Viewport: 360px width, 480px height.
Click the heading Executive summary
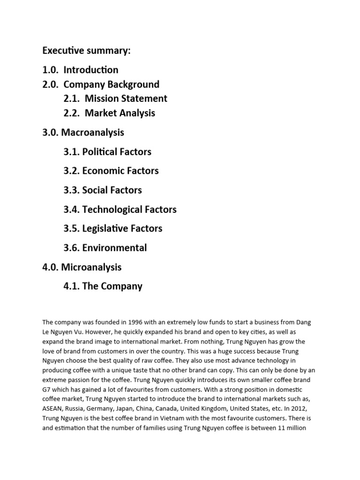86,51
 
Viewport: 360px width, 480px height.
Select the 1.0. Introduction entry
80,70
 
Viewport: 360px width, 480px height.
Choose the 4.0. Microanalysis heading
82,267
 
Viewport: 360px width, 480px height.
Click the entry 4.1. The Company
103,286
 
